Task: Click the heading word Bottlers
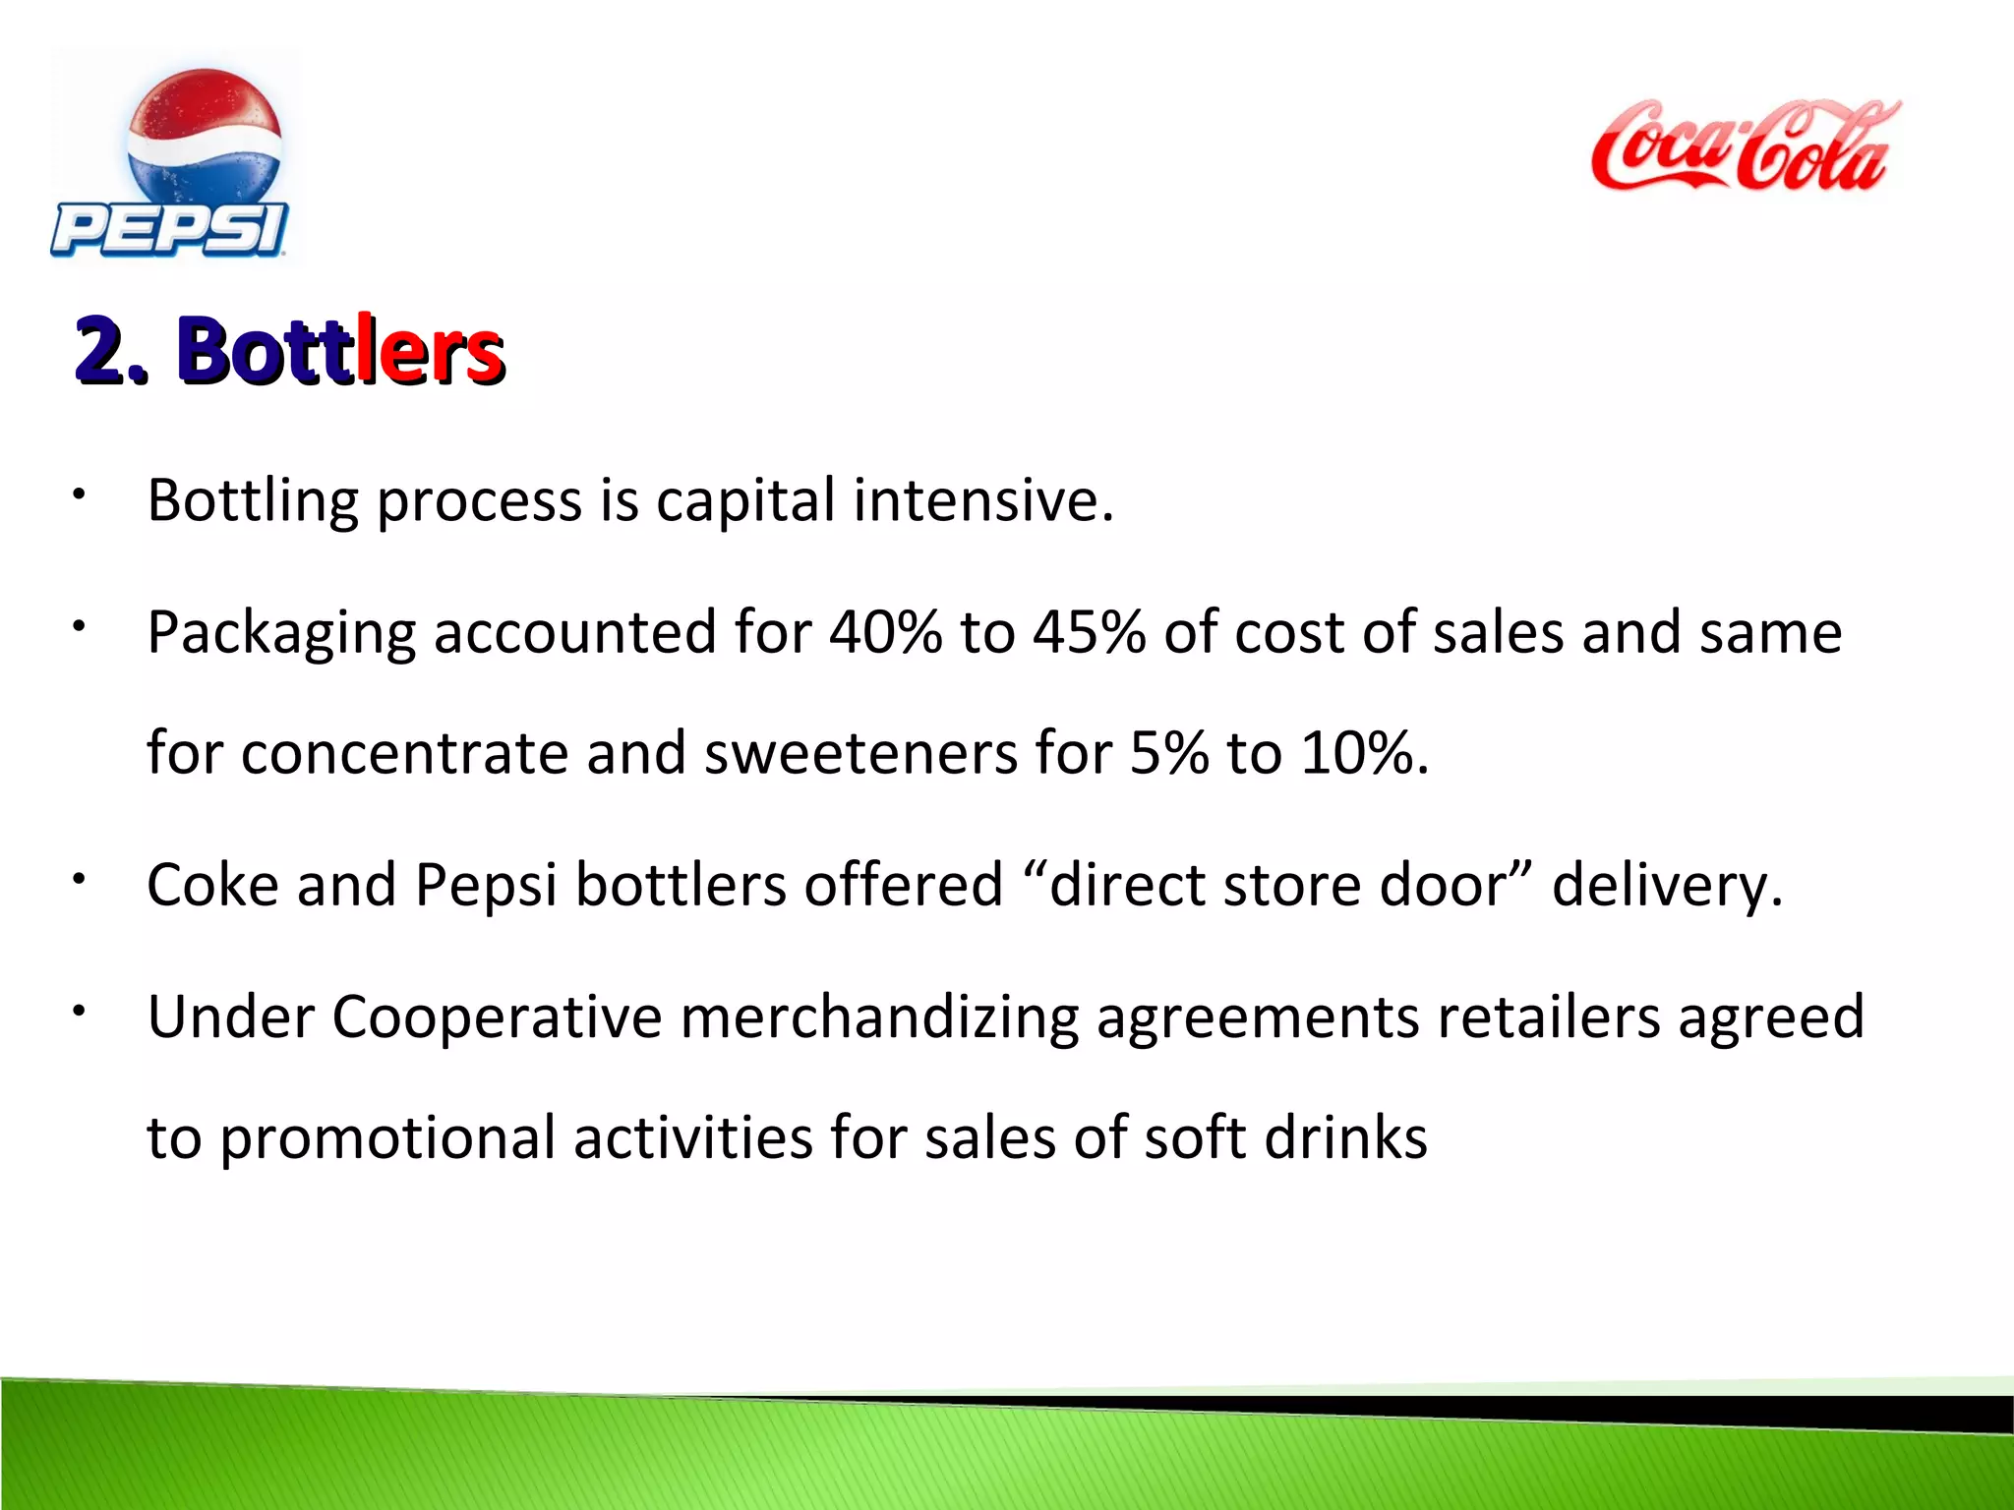click(340, 350)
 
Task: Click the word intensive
click(983, 499)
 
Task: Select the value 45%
click(1090, 632)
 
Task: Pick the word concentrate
click(405, 754)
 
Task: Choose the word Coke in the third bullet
click(212, 885)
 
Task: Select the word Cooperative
click(497, 1017)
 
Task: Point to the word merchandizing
click(879, 1018)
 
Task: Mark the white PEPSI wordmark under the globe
click(169, 230)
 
